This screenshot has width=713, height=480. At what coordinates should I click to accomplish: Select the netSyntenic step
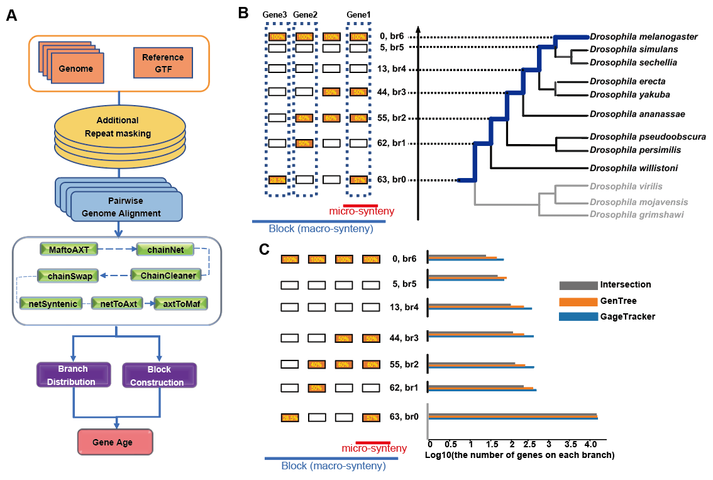pyautogui.click(x=53, y=304)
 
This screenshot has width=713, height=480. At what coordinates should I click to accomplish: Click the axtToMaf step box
pyautogui.click(x=180, y=304)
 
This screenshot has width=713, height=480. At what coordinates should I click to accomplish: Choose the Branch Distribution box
pyautogui.click(x=73, y=375)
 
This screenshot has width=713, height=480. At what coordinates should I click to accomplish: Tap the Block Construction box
pyautogui.click(x=159, y=376)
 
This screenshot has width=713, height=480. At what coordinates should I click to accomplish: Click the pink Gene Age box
pyautogui.click(x=114, y=442)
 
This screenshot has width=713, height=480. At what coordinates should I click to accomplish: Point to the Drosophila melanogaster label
pyautogui.click(x=644, y=37)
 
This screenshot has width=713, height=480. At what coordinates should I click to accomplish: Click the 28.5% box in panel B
pyautogui.click(x=277, y=180)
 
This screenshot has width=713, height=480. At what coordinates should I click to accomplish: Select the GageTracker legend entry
pyautogui.click(x=627, y=316)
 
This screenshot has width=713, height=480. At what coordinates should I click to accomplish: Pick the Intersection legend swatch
pyautogui.click(x=577, y=285)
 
